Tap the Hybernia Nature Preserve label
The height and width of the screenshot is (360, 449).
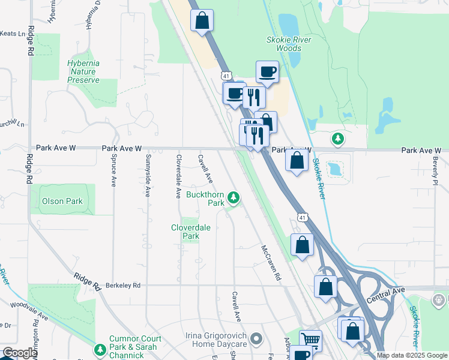(83, 71)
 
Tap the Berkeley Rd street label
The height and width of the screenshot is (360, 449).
(124, 286)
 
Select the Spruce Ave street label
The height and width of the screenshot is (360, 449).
(113, 171)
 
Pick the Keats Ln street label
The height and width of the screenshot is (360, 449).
(11, 34)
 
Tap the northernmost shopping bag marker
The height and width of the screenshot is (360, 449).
(202, 20)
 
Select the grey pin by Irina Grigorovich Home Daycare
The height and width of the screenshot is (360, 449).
(257, 340)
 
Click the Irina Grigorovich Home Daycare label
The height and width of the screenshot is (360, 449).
(220, 340)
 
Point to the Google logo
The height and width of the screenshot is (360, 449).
(20, 353)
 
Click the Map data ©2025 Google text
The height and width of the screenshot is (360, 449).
(412, 355)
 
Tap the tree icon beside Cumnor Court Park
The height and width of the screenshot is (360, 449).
(100, 349)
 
